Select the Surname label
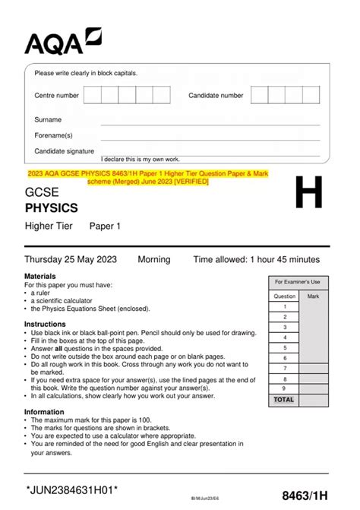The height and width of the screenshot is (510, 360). pos(48,120)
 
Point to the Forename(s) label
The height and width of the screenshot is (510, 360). pos(53,135)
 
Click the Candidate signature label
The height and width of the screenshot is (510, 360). pos(65,151)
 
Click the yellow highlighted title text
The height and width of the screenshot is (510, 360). pos(148,178)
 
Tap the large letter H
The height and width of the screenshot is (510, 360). pos(308,196)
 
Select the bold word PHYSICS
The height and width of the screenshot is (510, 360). pos(51,207)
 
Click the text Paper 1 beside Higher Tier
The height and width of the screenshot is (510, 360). pos(105,226)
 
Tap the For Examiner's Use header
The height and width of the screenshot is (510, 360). pos(298,282)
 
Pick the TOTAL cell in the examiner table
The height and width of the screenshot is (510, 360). pos(284,399)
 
